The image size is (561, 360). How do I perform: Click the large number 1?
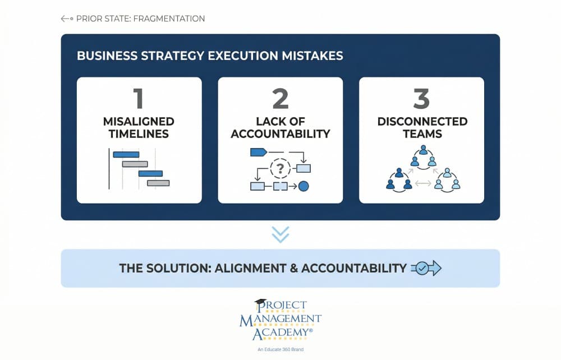(x=139, y=98)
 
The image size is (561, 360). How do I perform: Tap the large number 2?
(x=280, y=98)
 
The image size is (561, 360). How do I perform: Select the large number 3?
(x=421, y=98)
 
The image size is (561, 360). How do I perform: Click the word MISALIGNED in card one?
(x=139, y=122)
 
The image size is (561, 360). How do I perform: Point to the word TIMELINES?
(x=139, y=134)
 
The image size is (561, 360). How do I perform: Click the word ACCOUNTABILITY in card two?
(x=280, y=134)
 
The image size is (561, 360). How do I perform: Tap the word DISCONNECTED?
(x=422, y=122)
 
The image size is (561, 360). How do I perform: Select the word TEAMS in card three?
(x=422, y=134)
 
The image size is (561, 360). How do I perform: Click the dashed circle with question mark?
(x=280, y=168)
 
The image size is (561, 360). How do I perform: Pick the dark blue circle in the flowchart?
(x=304, y=186)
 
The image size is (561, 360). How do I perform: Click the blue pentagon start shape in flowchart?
(x=258, y=152)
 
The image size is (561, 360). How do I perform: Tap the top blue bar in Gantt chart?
(x=126, y=154)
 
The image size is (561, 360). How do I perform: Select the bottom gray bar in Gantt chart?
(x=158, y=183)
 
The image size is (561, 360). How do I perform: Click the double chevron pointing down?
(x=280, y=234)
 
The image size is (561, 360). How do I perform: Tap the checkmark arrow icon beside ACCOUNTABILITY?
(x=426, y=268)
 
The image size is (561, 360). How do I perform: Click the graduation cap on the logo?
(x=260, y=303)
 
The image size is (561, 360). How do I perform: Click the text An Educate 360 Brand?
(x=280, y=349)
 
